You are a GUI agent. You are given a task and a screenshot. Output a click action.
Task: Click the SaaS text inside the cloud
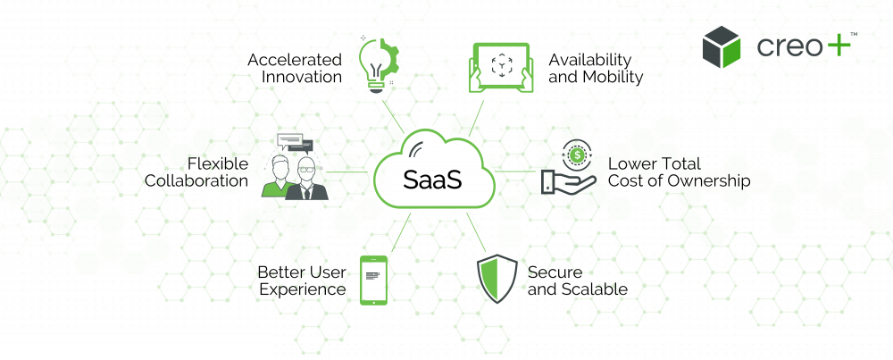coord(432,179)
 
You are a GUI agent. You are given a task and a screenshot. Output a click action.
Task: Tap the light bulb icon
coord(373,65)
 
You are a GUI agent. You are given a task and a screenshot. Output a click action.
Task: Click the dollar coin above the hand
coord(575,155)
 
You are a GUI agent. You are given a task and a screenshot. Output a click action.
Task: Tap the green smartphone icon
coord(373,279)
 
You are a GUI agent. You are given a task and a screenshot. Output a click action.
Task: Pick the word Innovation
coord(302,77)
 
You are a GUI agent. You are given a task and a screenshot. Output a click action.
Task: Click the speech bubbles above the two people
coord(295,143)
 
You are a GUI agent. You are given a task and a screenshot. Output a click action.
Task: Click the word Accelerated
coord(295,60)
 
